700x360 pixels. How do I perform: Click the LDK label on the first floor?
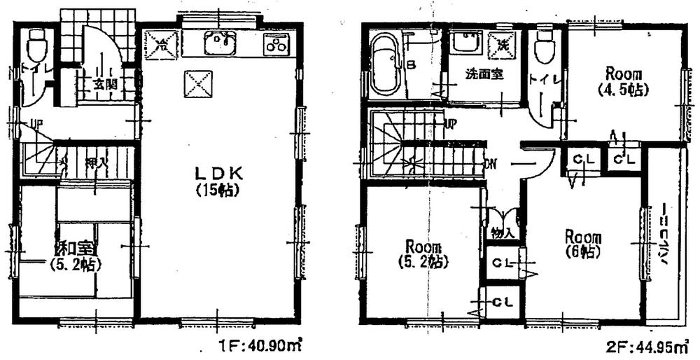pos(219,173)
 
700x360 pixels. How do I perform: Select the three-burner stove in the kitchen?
pos(276,45)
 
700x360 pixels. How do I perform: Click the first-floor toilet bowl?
pos(35,48)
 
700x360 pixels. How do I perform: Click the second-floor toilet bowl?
pos(543,48)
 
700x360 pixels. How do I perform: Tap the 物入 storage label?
pos(502,233)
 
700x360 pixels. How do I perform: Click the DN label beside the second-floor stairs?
pos(491,165)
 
